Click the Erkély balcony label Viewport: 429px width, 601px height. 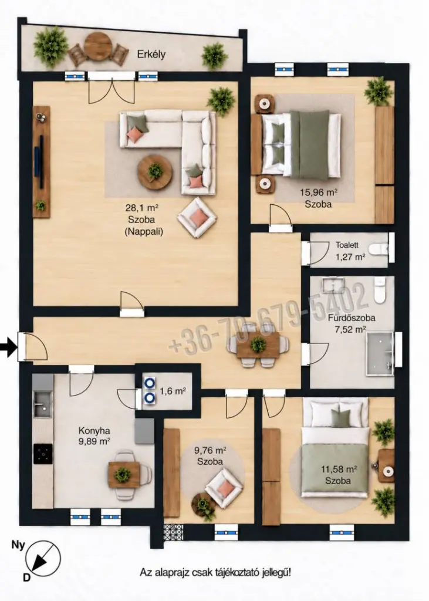coord(151,55)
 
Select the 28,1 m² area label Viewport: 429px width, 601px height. coord(142,208)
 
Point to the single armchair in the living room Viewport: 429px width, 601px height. coord(197,217)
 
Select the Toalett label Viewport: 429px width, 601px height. coord(347,245)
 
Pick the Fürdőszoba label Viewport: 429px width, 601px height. coord(351,318)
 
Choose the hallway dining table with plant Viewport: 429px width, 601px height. coord(258,345)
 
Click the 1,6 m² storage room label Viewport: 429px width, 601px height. coord(173,391)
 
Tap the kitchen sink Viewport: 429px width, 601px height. coord(43,404)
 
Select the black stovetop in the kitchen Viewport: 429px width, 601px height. coord(43,454)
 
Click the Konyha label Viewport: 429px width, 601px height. coord(94,430)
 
